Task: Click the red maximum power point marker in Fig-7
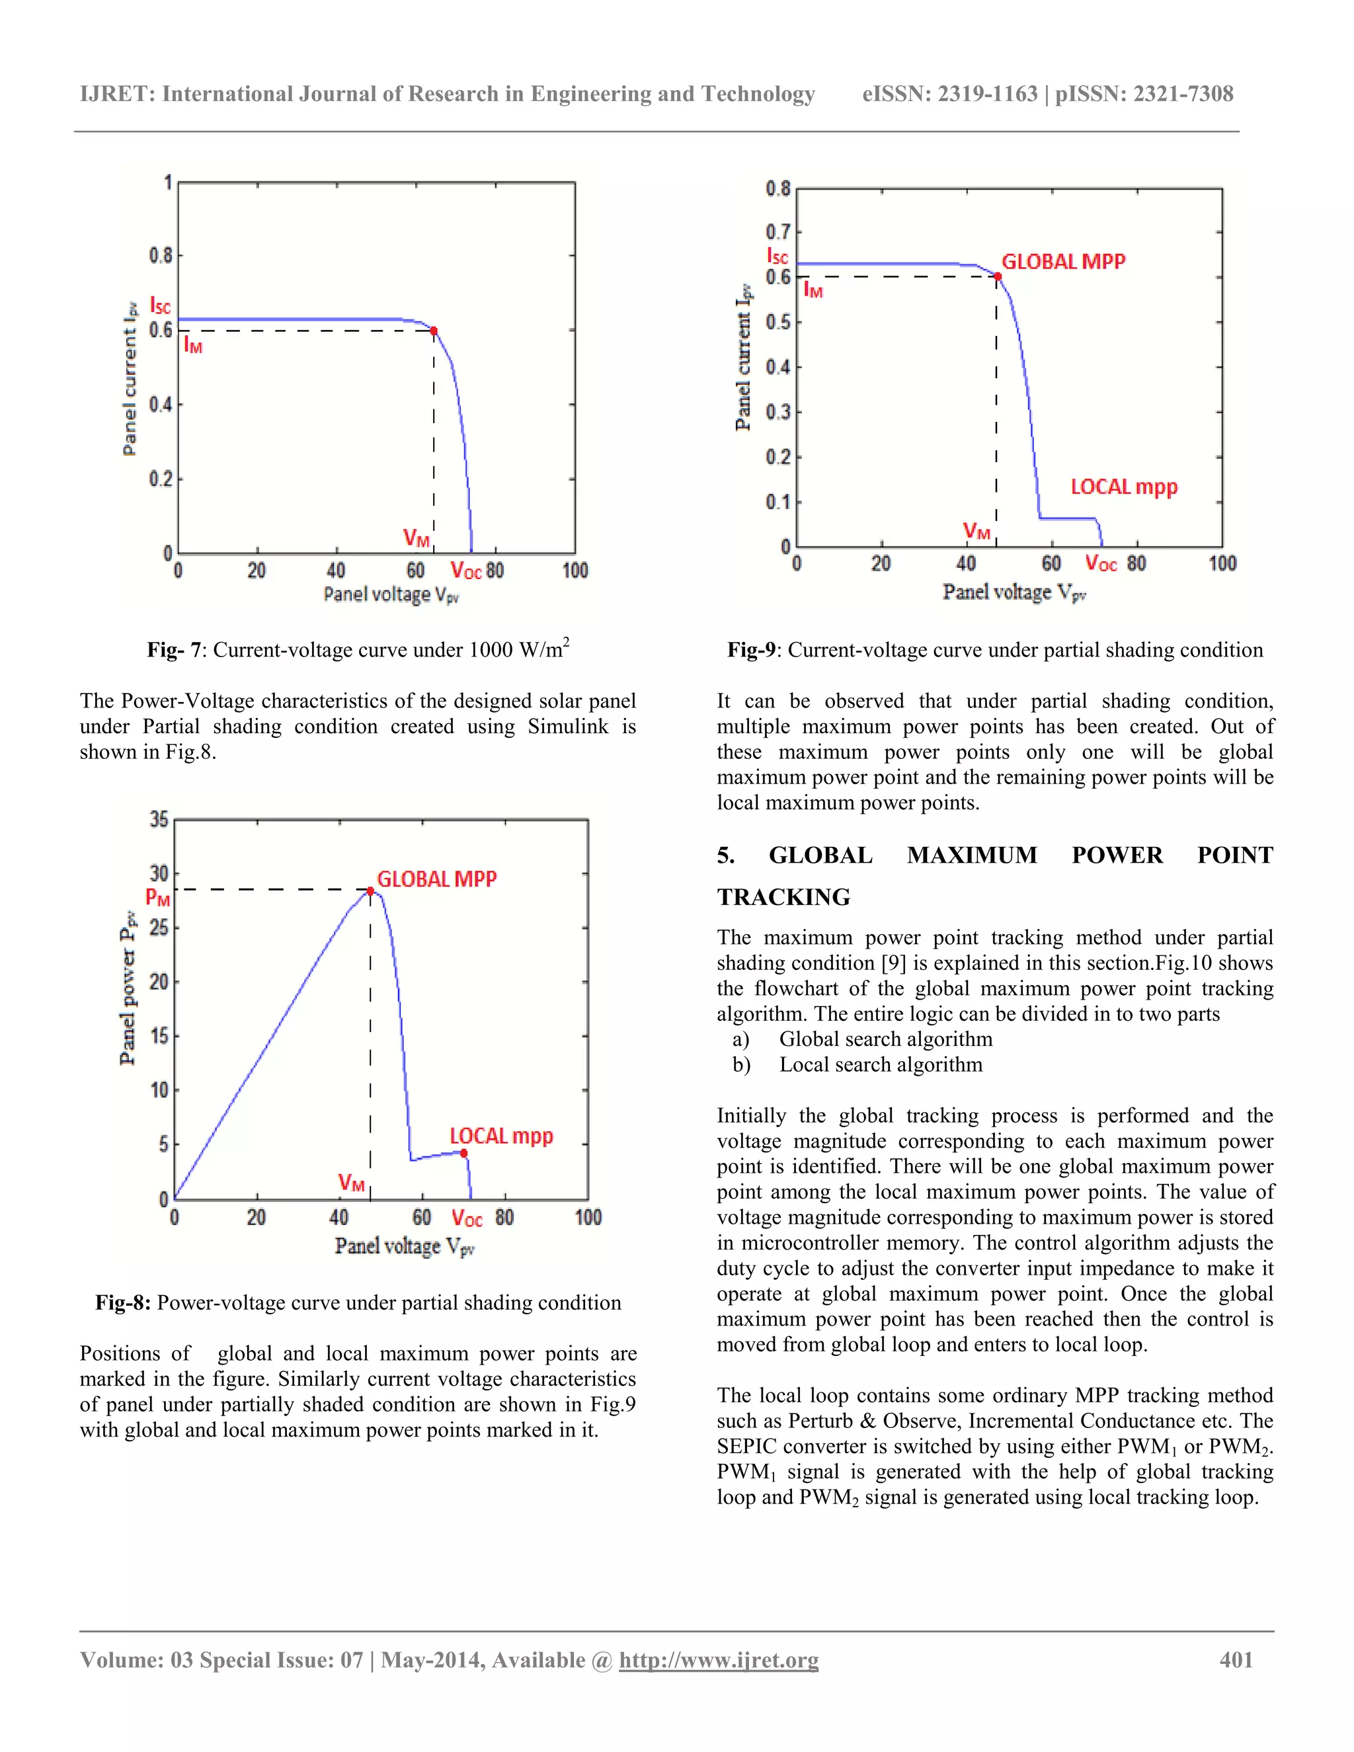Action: [x=434, y=331]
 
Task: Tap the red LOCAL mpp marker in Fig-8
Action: [x=463, y=1153]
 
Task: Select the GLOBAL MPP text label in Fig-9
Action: [x=1063, y=262]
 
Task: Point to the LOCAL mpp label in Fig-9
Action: [x=1124, y=487]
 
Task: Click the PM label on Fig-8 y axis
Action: [x=157, y=898]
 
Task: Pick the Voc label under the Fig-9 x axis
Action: [x=1101, y=563]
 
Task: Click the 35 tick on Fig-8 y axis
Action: [x=159, y=820]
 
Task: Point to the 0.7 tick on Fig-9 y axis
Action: [x=777, y=232]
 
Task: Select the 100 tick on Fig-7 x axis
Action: [x=575, y=571]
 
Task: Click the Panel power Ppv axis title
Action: [x=128, y=988]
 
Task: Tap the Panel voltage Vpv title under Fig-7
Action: [x=391, y=594]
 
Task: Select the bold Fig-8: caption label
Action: [x=123, y=1302]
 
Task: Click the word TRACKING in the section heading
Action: [x=783, y=897]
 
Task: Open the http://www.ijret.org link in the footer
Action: [x=719, y=1659]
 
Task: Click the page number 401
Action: [x=1236, y=1659]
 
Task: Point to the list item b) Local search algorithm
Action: [x=857, y=1064]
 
